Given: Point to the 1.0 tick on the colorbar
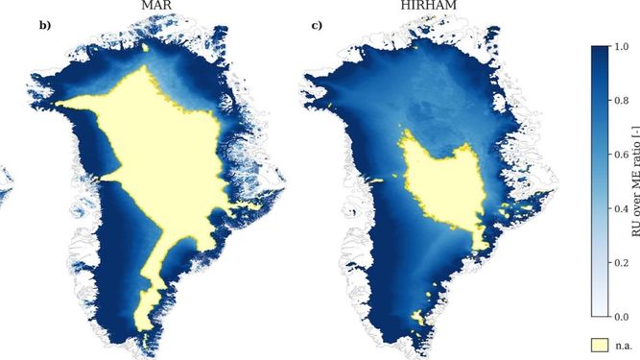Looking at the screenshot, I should tap(623, 45).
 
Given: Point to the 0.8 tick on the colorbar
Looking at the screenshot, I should tap(623, 99).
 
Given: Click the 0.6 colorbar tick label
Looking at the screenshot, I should tap(623, 154).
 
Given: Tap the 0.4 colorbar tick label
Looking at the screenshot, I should tap(623, 207).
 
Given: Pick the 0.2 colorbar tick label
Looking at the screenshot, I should tap(623, 261).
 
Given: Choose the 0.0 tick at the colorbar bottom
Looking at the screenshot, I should tap(623, 316).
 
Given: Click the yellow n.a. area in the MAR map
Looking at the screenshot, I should tap(173, 154).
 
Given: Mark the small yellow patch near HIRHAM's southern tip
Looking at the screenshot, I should tap(415, 315).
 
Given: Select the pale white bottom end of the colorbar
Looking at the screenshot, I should tap(599, 311).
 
